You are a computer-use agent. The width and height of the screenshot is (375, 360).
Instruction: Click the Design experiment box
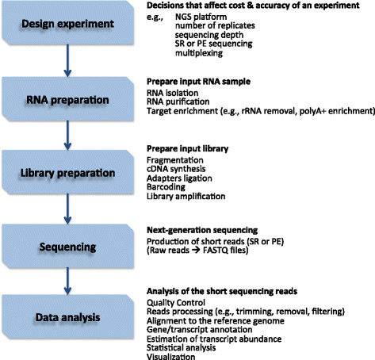67,23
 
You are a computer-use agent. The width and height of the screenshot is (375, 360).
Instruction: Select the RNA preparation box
67,99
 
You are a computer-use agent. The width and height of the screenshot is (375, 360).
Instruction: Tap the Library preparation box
67,172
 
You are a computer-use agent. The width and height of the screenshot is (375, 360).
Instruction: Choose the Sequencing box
67,247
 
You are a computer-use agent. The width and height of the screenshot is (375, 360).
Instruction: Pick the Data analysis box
67,317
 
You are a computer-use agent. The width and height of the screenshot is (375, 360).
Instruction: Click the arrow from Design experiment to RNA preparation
67,60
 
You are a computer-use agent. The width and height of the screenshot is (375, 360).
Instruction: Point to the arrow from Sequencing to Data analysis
67,281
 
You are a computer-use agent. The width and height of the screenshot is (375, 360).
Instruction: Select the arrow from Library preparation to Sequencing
67,209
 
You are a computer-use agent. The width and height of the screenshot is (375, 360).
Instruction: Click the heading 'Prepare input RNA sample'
198,82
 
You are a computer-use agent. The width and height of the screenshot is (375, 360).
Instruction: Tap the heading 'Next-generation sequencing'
202,230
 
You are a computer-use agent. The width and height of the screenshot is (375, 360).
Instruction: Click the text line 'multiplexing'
199,53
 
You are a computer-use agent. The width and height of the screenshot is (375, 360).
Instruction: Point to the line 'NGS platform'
201,17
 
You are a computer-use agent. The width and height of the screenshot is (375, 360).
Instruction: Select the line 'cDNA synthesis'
176,169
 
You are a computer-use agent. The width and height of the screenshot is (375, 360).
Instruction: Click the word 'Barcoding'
166,187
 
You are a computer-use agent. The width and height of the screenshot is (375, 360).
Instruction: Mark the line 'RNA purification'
178,101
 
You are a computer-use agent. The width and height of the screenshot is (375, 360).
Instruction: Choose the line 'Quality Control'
176,302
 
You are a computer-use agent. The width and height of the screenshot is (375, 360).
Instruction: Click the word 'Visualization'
171,356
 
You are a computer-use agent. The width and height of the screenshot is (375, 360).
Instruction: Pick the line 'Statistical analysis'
182,347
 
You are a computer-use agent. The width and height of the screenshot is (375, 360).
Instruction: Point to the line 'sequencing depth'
209,35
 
